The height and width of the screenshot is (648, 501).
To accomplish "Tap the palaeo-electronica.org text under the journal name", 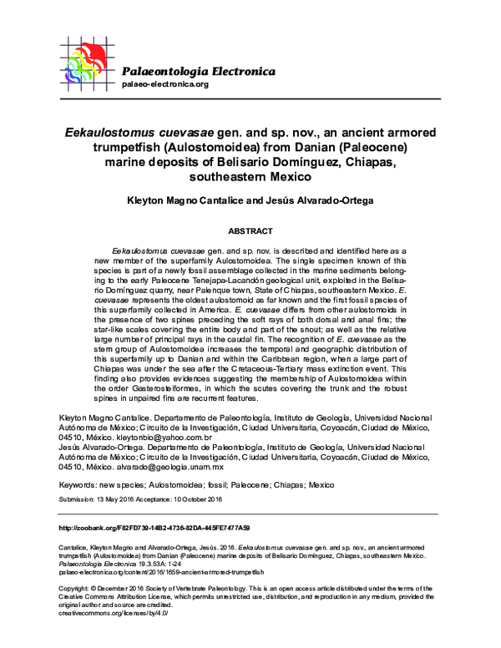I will click(x=164, y=85).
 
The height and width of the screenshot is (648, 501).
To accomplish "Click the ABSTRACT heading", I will click(x=250, y=229).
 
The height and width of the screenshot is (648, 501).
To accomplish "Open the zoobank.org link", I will click(x=154, y=529).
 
